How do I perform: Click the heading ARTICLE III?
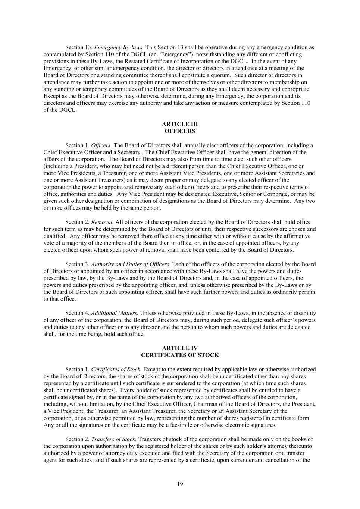point(180,124)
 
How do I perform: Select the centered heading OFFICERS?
point(180,131)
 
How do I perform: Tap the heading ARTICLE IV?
point(180,348)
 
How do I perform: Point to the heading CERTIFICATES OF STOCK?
point(180,355)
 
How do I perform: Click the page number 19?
point(180,484)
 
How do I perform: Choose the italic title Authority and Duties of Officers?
point(131,264)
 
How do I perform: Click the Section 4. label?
point(77,313)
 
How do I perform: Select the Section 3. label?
point(77,264)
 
